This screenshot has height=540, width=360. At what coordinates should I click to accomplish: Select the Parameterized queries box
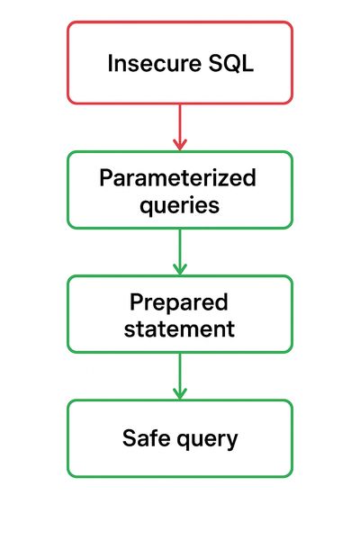[x=179, y=190]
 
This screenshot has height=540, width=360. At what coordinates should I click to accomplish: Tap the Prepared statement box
[x=179, y=314]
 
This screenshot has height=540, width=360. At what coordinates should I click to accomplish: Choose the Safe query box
[x=179, y=438]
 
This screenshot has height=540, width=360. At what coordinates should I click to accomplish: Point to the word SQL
[x=229, y=64]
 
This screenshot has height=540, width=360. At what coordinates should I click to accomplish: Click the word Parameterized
[x=178, y=177]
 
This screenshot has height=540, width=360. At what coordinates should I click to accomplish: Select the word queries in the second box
[x=179, y=205]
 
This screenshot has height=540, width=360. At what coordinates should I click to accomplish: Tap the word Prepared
[x=178, y=301]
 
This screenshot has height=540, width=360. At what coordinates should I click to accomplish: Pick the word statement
[x=179, y=328]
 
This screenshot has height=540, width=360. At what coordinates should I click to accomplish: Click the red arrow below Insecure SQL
[x=179, y=126]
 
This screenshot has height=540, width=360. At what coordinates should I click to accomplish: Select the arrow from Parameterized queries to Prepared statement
[x=179, y=251]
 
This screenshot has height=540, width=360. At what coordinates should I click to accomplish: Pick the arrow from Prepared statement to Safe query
[x=179, y=375]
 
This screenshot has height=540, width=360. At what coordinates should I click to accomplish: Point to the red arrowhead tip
[x=179, y=148]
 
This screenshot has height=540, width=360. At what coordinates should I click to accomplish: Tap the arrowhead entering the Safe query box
[x=179, y=395]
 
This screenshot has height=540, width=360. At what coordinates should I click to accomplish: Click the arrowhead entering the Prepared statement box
[x=179, y=271]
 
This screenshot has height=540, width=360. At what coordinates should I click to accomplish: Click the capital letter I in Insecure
[x=111, y=64]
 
